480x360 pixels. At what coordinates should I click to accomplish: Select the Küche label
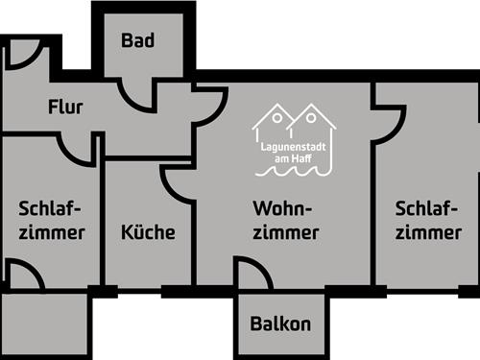[148, 231]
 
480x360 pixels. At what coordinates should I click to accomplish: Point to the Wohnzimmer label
[286, 220]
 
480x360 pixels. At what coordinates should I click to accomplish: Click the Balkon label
[279, 324]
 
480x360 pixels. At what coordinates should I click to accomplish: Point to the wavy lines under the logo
[294, 170]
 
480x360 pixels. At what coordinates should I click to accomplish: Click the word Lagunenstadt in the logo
[294, 148]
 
